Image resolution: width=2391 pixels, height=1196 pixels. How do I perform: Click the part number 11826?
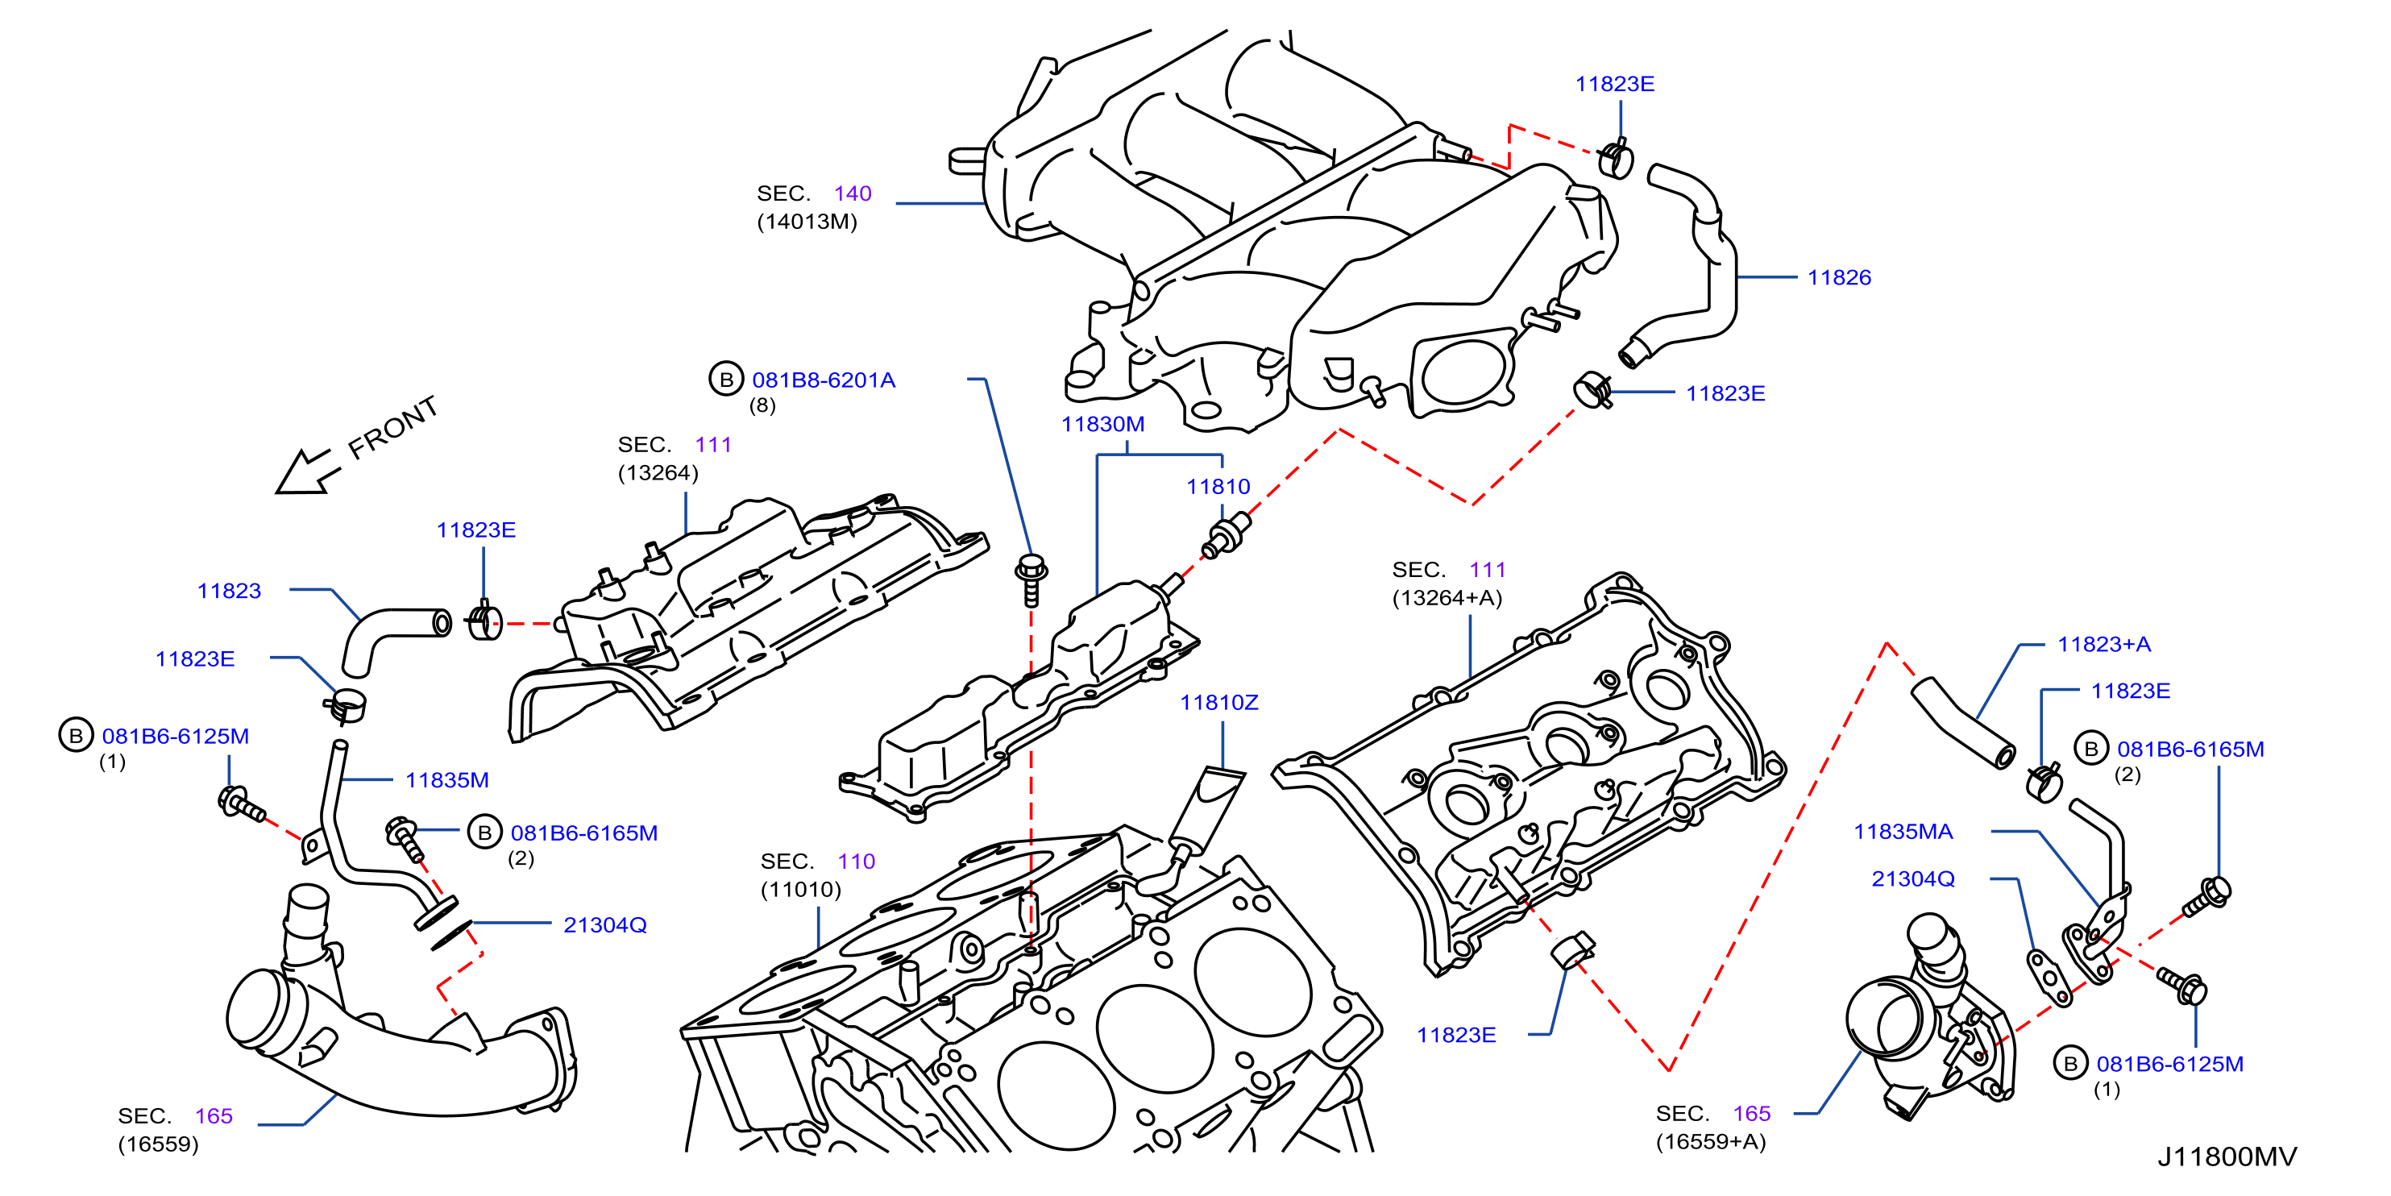pos(1839,277)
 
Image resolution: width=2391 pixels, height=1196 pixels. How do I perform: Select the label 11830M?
pos(1102,425)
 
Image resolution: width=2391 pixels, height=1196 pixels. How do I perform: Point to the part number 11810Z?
pos(1218,703)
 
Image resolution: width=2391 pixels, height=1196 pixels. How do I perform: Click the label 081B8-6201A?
pos(824,380)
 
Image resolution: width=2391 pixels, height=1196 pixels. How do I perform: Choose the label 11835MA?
pos(1903,832)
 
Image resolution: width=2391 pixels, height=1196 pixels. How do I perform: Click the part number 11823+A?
pos(2104,645)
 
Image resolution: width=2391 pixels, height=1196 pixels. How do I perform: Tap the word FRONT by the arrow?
pos(392,427)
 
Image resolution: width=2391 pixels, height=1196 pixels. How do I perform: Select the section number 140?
pos(852,193)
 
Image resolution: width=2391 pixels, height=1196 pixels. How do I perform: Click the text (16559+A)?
pos(1711,1141)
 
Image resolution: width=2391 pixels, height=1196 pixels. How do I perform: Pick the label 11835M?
pos(446,780)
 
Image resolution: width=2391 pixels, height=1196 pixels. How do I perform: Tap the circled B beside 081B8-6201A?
pos(727,379)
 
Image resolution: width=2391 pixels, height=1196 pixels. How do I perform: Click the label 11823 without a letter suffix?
pos(229,591)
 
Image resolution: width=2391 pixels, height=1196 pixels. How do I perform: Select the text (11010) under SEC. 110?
pos(801,890)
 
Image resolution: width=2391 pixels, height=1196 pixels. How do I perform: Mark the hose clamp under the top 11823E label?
pos(1616,158)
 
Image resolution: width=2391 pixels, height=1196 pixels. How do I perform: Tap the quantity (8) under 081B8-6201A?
pos(762,406)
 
